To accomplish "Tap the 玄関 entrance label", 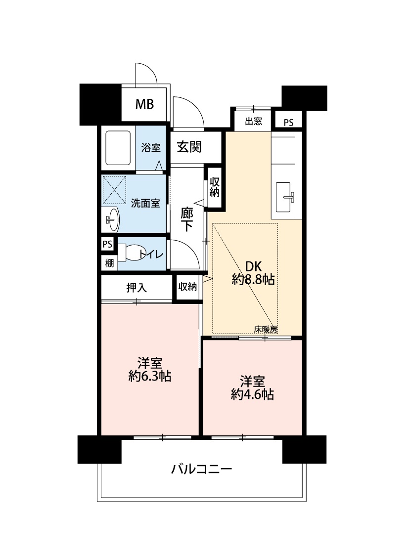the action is (x=189, y=146).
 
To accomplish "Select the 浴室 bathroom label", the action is (x=151, y=147).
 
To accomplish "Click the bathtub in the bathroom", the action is (x=118, y=148).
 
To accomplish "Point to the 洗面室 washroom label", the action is (x=145, y=203).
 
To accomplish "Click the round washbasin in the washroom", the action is (x=112, y=219).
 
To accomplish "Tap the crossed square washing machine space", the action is (x=114, y=190).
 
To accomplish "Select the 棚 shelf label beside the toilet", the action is (x=109, y=263).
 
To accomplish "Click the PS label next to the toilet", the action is (x=107, y=244).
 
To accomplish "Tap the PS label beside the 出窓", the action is (x=288, y=123).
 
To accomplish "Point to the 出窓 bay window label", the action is (x=254, y=122).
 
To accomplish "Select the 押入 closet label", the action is (x=136, y=288).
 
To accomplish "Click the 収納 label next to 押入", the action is (x=187, y=287).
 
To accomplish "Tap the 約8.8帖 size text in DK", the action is (x=253, y=280).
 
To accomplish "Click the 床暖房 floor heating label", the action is (x=266, y=329).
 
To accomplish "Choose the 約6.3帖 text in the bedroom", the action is (x=150, y=376).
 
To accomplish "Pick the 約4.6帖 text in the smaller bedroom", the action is (x=252, y=394).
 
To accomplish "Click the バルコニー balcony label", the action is (x=201, y=469).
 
